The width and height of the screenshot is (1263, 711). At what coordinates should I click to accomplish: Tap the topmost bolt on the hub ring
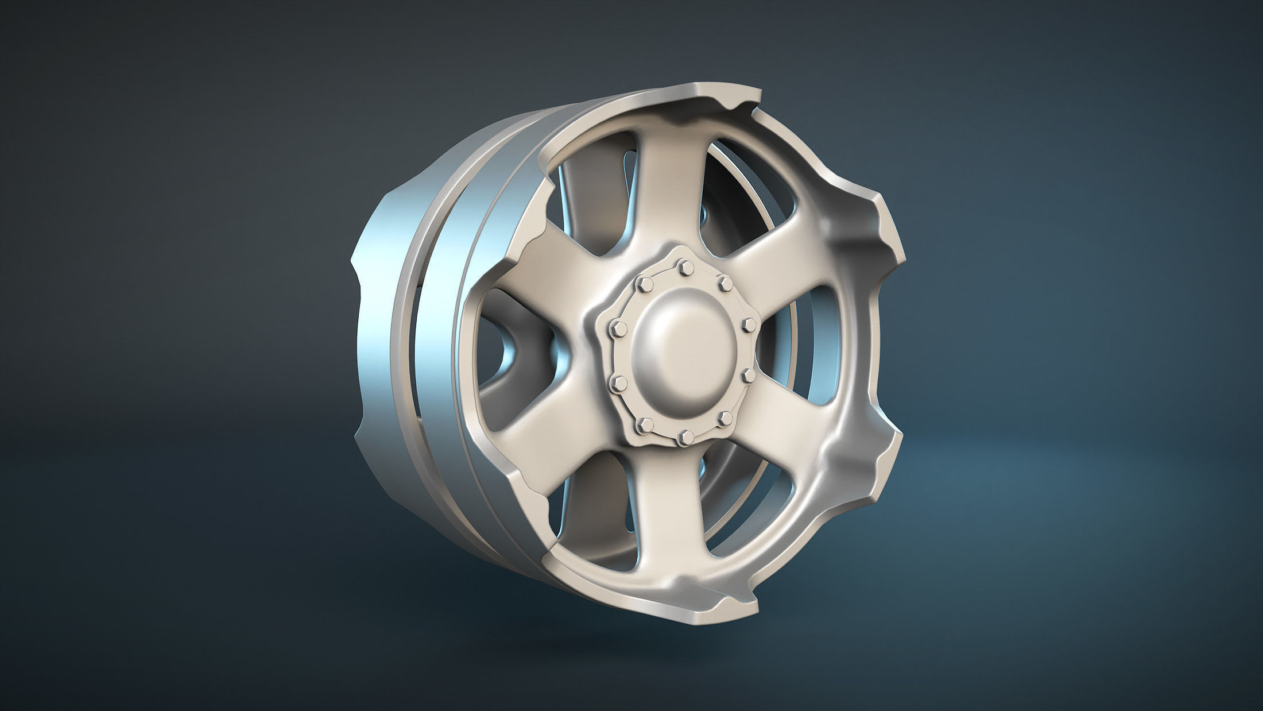tap(684, 266)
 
